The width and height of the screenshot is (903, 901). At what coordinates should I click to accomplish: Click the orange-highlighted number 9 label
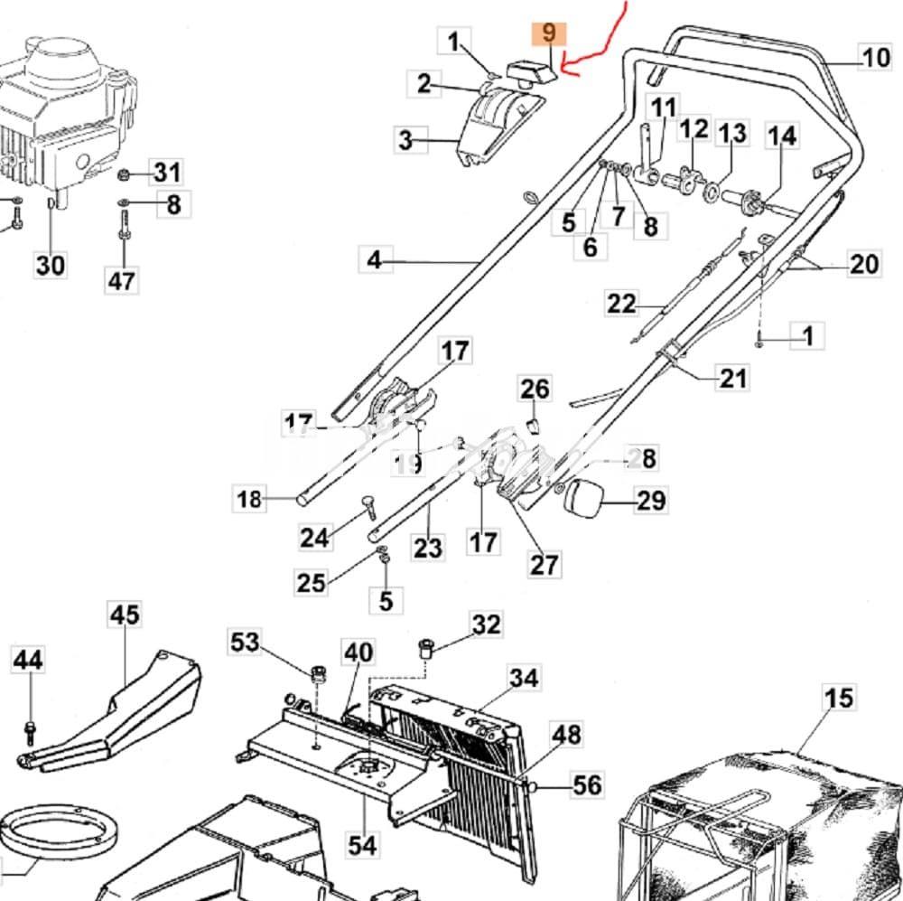[x=548, y=34]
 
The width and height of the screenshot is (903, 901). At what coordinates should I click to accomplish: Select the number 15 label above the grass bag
[x=838, y=698]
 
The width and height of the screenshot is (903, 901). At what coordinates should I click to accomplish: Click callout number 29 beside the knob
[x=651, y=500]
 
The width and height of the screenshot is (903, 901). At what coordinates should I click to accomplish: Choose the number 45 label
[x=125, y=615]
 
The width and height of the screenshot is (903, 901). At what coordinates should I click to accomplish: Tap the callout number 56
[x=587, y=784]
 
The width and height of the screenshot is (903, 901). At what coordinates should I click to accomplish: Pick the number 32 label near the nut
[x=486, y=624]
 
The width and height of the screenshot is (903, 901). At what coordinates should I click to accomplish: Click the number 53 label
[x=245, y=643]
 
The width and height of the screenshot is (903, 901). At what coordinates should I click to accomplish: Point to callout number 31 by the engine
[x=166, y=171]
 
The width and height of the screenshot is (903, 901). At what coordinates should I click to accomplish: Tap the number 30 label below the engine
[x=51, y=266]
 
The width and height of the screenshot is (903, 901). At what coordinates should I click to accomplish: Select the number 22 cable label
[x=621, y=304]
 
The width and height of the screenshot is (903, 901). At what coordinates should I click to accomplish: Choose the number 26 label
[x=535, y=389]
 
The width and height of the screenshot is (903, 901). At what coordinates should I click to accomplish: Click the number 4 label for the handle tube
[x=375, y=260]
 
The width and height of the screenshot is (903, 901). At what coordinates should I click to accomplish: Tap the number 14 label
[x=782, y=136]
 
